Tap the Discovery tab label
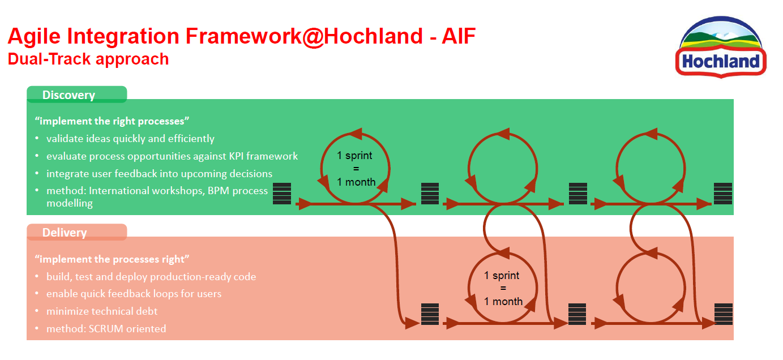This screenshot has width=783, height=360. (x=69, y=95)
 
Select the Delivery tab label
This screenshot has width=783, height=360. (x=65, y=233)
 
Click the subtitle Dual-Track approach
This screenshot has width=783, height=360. (x=88, y=59)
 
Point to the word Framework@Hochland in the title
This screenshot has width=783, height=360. (x=305, y=36)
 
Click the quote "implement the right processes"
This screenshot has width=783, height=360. (x=112, y=121)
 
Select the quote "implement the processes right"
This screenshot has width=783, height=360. (x=112, y=259)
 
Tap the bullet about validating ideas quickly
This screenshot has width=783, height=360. (x=130, y=139)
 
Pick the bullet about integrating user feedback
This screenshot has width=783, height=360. (x=159, y=174)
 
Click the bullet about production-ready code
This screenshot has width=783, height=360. (x=151, y=277)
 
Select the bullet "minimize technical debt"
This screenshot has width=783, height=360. (x=102, y=311)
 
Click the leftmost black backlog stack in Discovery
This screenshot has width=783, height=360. (x=282, y=194)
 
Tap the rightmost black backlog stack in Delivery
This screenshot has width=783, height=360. (x=724, y=314)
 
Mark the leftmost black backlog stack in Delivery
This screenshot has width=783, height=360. (x=430, y=314)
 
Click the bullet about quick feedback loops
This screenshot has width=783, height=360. (x=134, y=294)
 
